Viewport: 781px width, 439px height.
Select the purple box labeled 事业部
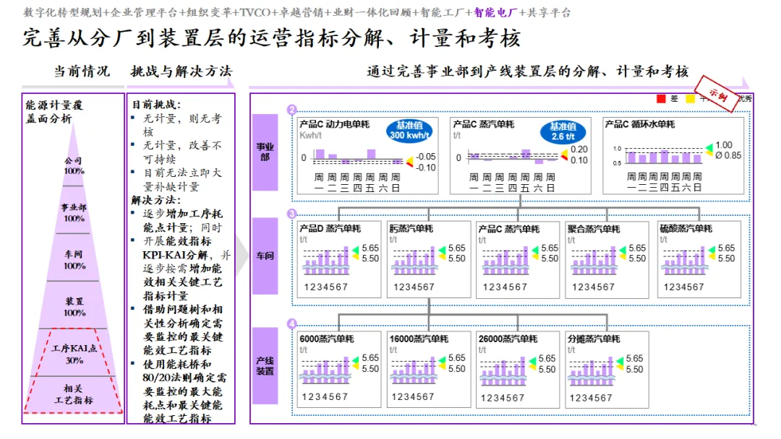(x=265, y=152)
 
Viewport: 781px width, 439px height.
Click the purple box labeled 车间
(x=265, y=256)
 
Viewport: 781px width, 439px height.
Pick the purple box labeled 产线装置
(x=265, y=365)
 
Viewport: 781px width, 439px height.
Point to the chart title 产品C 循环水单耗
(x=640, y=124)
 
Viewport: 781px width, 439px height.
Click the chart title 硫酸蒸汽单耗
(x=686, y=229)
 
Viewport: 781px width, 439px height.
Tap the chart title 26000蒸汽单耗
(x=508, y=339)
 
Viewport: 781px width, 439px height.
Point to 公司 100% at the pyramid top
(x=73, y=165)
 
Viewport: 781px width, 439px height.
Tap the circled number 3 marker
(x=291, y=214)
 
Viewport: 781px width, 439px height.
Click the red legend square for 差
(x=660, y=98)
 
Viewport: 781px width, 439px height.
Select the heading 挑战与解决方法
(x=181, y=71)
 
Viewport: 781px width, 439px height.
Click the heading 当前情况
(x=82, y=71)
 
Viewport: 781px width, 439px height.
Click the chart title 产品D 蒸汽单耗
(x=330, y=229)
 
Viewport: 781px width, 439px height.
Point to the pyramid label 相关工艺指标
(x=73, y=394)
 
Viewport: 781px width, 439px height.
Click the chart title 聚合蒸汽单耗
(x=594, y=229)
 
